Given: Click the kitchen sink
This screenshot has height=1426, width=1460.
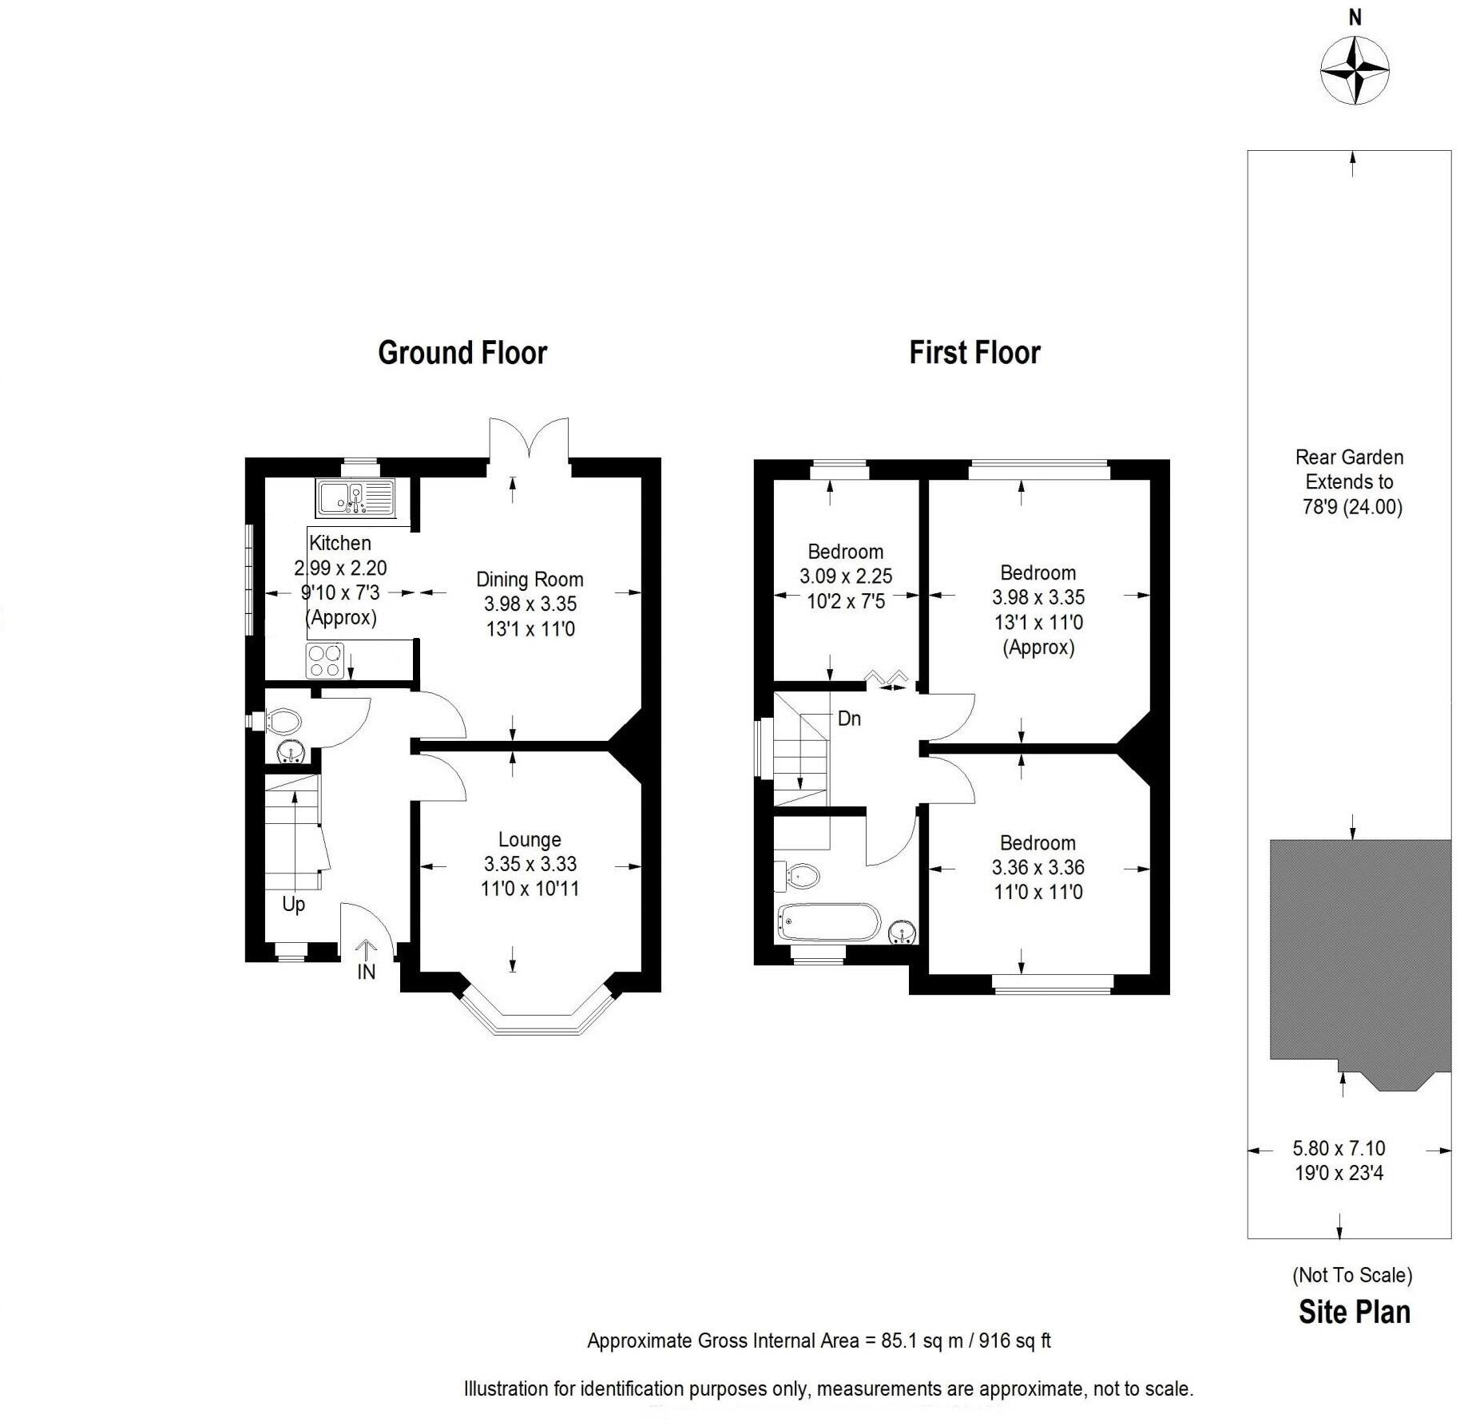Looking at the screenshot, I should [x=356, y=497].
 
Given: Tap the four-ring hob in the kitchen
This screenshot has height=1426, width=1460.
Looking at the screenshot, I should [x=324, y=661].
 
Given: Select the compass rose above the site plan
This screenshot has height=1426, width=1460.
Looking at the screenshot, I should [x=1355, y=71].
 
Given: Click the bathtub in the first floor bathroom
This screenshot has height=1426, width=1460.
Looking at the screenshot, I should [x=828, y=923].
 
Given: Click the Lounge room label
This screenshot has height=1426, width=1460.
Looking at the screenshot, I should [x=530, y=839].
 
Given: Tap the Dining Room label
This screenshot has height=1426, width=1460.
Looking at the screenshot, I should [x=530, y=580].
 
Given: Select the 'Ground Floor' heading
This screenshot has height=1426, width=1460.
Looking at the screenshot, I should [x=462, y=353].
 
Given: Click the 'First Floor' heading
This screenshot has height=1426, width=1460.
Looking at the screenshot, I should [x=974, y=353].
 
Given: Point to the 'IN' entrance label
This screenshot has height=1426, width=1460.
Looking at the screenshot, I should [x=366, y=972].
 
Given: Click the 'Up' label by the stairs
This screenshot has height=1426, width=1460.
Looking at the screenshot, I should [x=293, y=905].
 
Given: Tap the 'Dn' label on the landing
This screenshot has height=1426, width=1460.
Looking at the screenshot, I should [x=849, y=719].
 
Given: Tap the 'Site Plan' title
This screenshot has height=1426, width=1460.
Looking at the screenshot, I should [x=1354, y=1313].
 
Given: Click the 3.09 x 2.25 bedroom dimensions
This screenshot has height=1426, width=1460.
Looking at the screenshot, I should [x=846, y=576].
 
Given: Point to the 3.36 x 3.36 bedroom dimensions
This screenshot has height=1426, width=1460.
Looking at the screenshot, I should [x=1037, y=867].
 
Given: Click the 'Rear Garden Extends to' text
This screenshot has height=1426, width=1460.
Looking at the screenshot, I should [x=1349, y=469].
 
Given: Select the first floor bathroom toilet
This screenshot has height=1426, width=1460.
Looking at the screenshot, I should [x=800, y=876].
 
